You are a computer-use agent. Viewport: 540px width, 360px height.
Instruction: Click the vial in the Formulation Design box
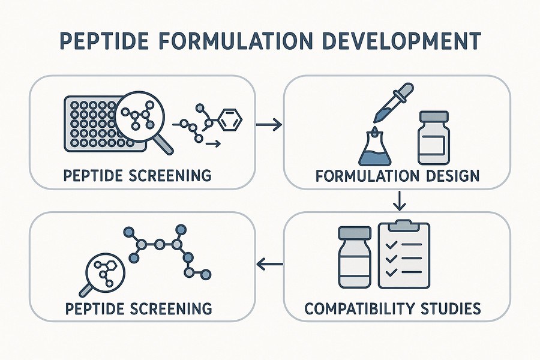point(434,139)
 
